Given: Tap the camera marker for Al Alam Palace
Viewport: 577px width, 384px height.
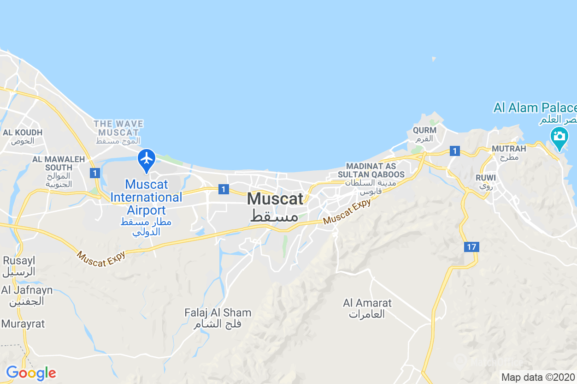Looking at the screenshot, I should (x=559, y=137).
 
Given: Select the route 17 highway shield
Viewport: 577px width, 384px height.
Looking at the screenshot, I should (x=471, y=247).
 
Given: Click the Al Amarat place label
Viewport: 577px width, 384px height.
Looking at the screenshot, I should (x=367, y=308).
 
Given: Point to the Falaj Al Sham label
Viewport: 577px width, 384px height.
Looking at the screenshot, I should (x=218, y=318).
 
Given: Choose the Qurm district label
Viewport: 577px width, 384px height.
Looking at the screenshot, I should (x=424, y=134).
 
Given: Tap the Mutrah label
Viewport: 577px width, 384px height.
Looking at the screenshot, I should (x=509, y=152).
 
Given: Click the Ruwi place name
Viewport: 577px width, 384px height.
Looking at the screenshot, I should (x=486, y=181).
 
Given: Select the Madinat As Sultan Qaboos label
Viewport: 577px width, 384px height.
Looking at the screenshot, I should (x=371, y=178).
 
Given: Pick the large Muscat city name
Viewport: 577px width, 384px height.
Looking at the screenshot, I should (x=275, y=206).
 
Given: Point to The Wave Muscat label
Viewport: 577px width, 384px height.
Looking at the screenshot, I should (x=118, y=132).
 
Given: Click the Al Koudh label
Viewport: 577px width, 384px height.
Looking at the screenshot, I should (x=23, y=136).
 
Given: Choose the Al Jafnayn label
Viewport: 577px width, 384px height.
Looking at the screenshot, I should (x=27, y=295).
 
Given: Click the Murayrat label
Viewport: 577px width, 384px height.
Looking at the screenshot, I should (x=23, y=324).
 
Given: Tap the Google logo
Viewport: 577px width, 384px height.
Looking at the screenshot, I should (x=31, y=373).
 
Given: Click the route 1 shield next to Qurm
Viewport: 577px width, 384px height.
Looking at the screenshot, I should (x=455, y=151).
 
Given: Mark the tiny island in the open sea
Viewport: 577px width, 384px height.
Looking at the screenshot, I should (x=434, y=59).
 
